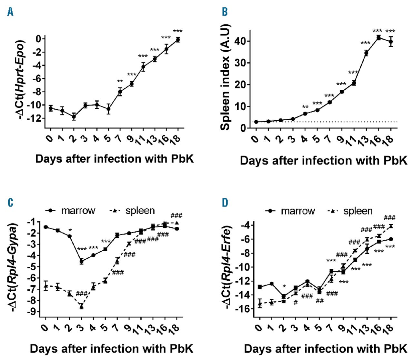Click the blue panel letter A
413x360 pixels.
(x=11, y=12)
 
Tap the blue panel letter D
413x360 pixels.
(x=225, y=203)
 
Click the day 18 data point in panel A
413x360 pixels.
(x=177, y=39)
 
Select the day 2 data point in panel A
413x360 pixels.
(x=74, y=116)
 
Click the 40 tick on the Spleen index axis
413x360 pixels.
(x=240, y=41)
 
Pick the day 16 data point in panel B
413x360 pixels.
(x=378, y=37)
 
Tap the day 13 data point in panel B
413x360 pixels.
(x=366, y=53)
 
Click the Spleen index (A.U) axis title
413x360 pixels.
(x=225, y=77)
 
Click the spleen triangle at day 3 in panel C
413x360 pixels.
(x=82, y=306)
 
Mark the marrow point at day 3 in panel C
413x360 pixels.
(x=82, y=261)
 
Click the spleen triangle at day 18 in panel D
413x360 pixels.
(x=391, y=226)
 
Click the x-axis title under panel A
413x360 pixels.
(x=115, y=159)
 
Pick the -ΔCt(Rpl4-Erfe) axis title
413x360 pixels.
(x=228, y=267)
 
